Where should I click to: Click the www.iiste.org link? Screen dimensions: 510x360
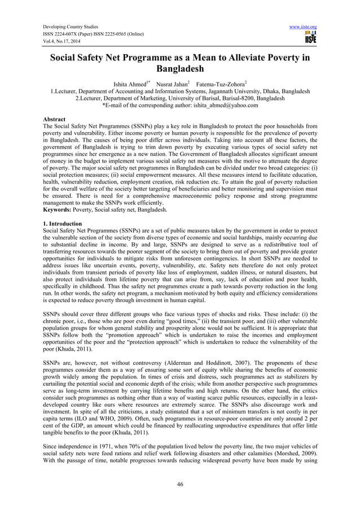point(305,27)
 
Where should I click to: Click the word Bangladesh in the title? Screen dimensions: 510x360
point(180,73)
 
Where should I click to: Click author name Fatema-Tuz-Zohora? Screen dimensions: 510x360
point(221,85)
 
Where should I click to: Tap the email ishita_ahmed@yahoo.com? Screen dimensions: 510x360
point(225,105)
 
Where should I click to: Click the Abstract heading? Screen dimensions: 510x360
point(56,120)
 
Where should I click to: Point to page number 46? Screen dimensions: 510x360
point(180,484)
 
